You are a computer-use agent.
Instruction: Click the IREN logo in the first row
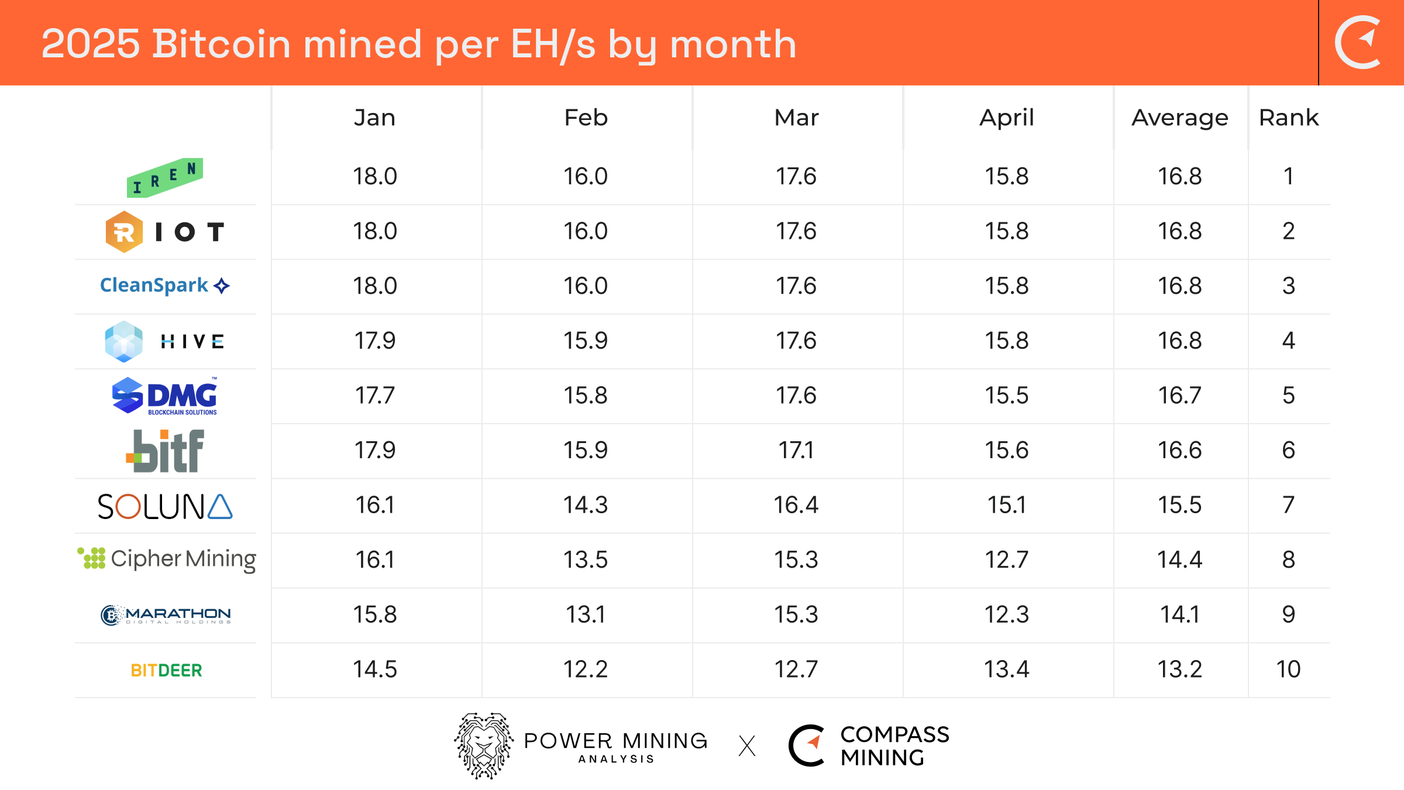coord(165,177)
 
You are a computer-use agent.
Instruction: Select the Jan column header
coord(375,118)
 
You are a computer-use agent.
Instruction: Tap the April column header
coord(1007,118)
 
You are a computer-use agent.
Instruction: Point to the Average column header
coord(1180,118)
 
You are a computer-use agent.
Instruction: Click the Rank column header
coord(1289,118)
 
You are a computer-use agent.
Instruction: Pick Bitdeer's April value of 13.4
coord(1007,669)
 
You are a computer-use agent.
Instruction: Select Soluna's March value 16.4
coord(796,504)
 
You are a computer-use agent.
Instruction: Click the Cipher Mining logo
coord(167,559)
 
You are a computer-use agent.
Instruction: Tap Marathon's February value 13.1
coord(586,614)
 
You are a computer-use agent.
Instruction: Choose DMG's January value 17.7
coord(375,395)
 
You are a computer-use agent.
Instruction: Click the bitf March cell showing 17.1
coord(796,450)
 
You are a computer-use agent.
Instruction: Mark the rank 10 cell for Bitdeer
coord(1289,669)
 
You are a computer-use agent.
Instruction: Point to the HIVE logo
coord(165,341)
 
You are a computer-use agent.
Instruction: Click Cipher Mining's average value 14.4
coord(1180,559)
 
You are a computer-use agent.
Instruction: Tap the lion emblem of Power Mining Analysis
coord(484,745)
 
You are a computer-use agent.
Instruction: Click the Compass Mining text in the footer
coord(894,746)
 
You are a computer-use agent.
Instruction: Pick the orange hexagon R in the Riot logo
coord(124,232)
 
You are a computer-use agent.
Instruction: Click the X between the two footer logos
coord(747,746)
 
